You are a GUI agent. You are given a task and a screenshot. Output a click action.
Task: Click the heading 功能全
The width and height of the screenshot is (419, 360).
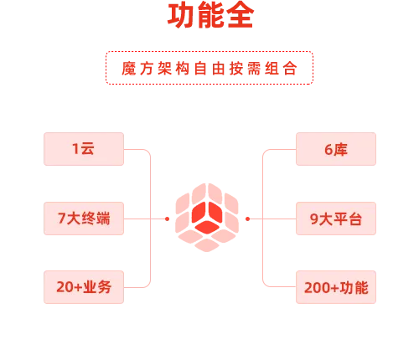[210, 15]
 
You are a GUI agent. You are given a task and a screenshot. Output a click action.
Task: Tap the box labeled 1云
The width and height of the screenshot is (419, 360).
[84, 149]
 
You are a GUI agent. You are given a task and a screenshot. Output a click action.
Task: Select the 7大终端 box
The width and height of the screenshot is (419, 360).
[84, 219]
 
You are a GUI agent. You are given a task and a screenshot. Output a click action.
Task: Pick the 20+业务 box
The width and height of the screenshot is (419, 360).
[84, 287]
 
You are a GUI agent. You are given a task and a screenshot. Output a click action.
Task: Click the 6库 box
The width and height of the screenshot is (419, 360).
[336, 149]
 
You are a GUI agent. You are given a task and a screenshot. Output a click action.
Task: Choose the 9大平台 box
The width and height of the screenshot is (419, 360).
[336, 219]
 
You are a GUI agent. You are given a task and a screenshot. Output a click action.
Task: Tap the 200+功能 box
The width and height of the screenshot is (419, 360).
[336, 287]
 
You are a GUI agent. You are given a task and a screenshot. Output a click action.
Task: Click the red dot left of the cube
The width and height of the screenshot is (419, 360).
[167, 219]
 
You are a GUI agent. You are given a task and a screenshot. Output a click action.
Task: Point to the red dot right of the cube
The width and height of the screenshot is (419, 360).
[247, 219]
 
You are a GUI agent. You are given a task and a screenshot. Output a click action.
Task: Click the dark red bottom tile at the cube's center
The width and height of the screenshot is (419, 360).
[207, 228]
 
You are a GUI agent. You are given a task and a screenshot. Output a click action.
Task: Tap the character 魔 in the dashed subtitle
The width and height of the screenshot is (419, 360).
[128, 69]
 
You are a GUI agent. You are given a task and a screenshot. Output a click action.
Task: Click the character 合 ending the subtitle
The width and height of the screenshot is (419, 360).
[290, 69]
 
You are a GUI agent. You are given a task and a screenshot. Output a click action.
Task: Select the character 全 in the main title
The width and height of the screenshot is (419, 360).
[241, 15]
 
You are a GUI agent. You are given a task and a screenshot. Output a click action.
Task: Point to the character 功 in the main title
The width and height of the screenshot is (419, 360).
[181, 15]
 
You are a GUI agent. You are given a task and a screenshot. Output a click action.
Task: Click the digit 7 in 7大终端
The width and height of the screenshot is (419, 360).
[61, 219]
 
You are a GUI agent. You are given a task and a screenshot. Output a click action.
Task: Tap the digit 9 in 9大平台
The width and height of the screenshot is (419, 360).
[314, 219]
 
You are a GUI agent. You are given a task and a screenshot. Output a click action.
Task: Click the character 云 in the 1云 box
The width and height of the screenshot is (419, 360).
[87, 148]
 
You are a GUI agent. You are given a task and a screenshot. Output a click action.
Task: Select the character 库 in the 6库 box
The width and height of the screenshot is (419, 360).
[340, 149]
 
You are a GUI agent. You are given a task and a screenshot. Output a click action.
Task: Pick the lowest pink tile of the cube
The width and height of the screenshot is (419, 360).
[207, 245]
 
